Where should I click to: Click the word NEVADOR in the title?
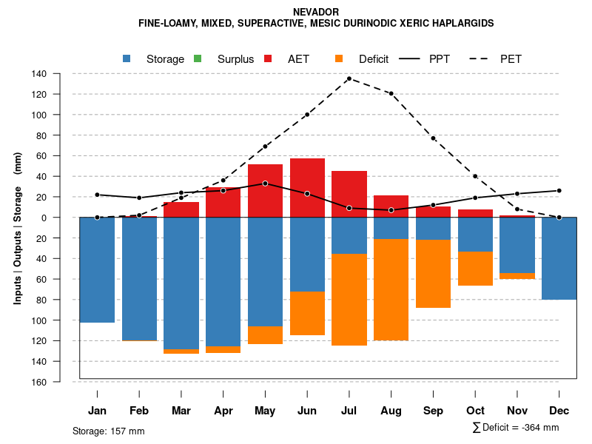(316, 13)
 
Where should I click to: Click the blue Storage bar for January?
(97, 269)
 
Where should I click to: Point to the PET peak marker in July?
(349, 78)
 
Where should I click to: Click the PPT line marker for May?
(265, 184)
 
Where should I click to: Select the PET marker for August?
(391, 94)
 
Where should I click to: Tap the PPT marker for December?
(559, 191)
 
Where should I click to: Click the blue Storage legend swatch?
(127, 58)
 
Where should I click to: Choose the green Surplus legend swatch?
(198, 58)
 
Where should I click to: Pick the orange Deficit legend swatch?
(339, 58)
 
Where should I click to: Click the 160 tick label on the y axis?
(38, 382)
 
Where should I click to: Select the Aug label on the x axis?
(391, 411)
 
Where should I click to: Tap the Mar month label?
(181, 411)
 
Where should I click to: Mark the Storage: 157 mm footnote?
(109, 431)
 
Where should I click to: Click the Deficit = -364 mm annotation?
(516, 428)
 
